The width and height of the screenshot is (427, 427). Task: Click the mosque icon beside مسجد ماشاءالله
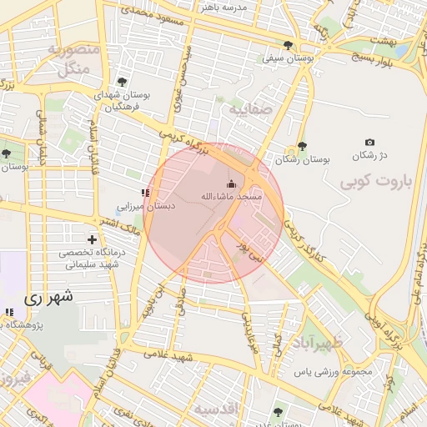(231, 183)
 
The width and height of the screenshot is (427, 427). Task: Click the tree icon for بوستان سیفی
(289, 45)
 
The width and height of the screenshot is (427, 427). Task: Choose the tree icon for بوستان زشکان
(302, 146)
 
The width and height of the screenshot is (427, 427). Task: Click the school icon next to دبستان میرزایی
(146, 193)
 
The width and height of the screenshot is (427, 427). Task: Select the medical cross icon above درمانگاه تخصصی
(93, 239)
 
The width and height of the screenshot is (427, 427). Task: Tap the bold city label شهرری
(48, 296)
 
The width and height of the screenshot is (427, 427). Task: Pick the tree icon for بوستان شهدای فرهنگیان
(123, 82)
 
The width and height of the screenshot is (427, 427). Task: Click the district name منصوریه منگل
(74, 59)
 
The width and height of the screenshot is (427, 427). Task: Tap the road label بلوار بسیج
(359, 59)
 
